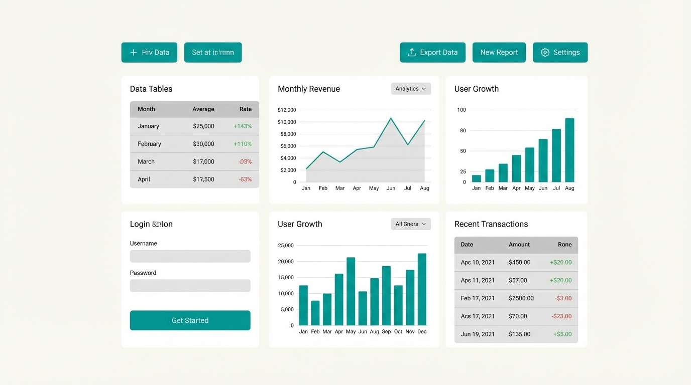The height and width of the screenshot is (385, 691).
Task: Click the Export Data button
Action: tap(432, 53)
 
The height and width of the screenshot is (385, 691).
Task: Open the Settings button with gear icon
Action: tap(560, 53)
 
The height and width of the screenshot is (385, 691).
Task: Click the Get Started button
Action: tap(190, 320)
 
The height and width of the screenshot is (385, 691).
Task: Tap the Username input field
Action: tap(190, 256)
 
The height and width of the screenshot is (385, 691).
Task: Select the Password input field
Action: tap(190, 286)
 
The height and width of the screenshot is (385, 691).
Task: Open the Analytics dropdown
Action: tap(411, 89)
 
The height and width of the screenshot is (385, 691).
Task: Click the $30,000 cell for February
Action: tap(203, 144)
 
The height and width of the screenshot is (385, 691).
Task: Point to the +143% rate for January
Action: tap(243, 126)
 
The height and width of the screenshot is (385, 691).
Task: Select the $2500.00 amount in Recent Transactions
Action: tap(521, 298)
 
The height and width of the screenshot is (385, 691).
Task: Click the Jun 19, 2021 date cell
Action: tap(478, 334)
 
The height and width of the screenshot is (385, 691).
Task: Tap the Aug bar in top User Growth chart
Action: tap(569, 150)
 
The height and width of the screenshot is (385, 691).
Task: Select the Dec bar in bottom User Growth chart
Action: tap(422, 290)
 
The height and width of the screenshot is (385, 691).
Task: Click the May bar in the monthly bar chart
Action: tap(351, 292)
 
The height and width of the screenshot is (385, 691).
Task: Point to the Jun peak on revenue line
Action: tap(391, 118)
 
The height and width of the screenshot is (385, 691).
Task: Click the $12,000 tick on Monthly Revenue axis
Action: tap(287, 110)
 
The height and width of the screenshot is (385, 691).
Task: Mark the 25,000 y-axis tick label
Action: tap(286, 245)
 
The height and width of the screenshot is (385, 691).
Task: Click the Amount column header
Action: tap(519, 245)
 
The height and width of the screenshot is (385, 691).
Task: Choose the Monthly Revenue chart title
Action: tap(308, 89)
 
